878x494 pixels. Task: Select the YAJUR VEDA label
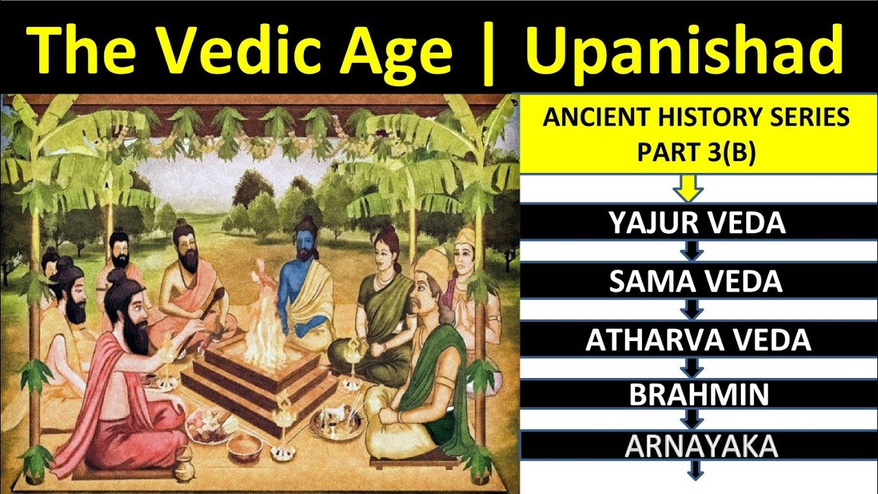tap(697, 223)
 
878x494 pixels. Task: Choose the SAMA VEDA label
tap(696, 282)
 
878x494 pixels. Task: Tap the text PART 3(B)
tap(696, 153)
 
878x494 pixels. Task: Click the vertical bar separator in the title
tap(488, 49)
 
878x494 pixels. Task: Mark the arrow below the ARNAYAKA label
tap(696, 471)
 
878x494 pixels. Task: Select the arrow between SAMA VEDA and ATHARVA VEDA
tap(693, 311)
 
